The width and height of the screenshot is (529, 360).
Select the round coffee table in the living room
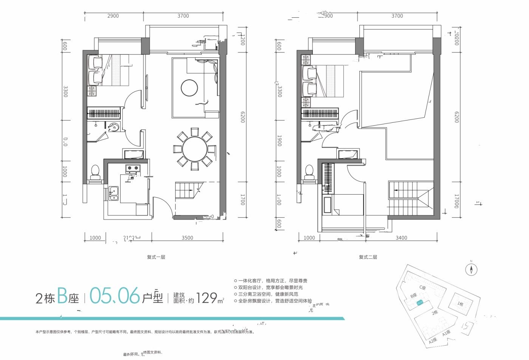(189, 88)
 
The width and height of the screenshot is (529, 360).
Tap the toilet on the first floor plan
(95, 172)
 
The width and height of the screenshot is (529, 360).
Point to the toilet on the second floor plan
(309, 172)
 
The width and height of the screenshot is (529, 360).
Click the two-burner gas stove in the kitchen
(132, 168)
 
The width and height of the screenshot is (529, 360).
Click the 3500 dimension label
(187, 238)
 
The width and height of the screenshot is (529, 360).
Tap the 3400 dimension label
(401, 238)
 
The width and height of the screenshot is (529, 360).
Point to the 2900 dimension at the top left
(113, 16)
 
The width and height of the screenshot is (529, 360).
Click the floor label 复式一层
(156, 257)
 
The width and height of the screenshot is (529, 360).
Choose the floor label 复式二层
(368, 257)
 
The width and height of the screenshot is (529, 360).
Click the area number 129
(206, 298)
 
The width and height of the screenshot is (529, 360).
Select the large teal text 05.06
(114, 296)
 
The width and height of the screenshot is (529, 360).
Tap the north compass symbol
(471, 269)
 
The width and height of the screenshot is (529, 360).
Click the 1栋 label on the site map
(460, 304)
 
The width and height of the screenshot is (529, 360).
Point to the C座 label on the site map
(422, 288)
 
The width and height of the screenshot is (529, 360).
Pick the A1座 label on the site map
(446, 333)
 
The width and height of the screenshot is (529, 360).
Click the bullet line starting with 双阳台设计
(270, 287)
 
